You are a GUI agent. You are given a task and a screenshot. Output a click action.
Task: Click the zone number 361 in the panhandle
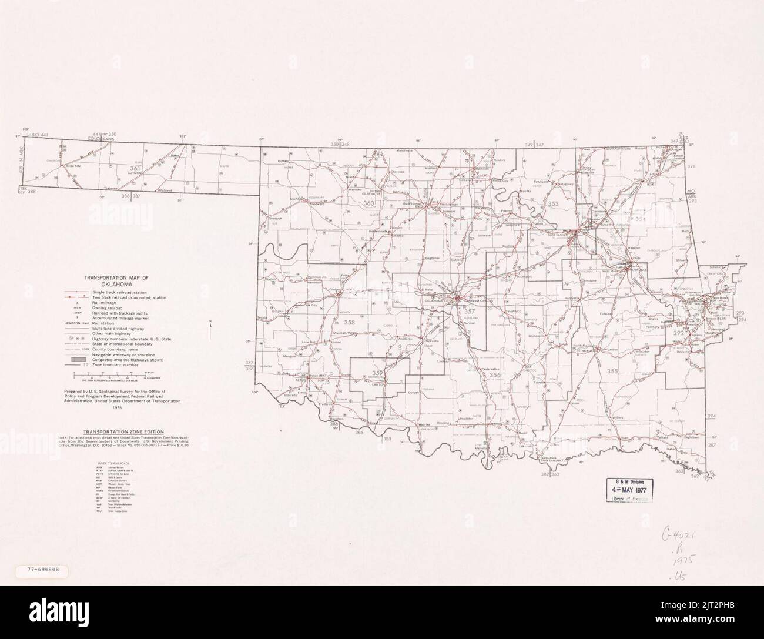click(136, 169)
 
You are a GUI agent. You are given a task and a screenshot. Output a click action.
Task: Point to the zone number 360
click(368, 204)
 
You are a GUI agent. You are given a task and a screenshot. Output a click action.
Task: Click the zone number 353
click(552, 204)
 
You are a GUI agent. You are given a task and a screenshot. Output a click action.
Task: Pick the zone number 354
click(640, 219)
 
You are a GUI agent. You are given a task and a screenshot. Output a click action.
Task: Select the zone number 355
click(613, 371)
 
